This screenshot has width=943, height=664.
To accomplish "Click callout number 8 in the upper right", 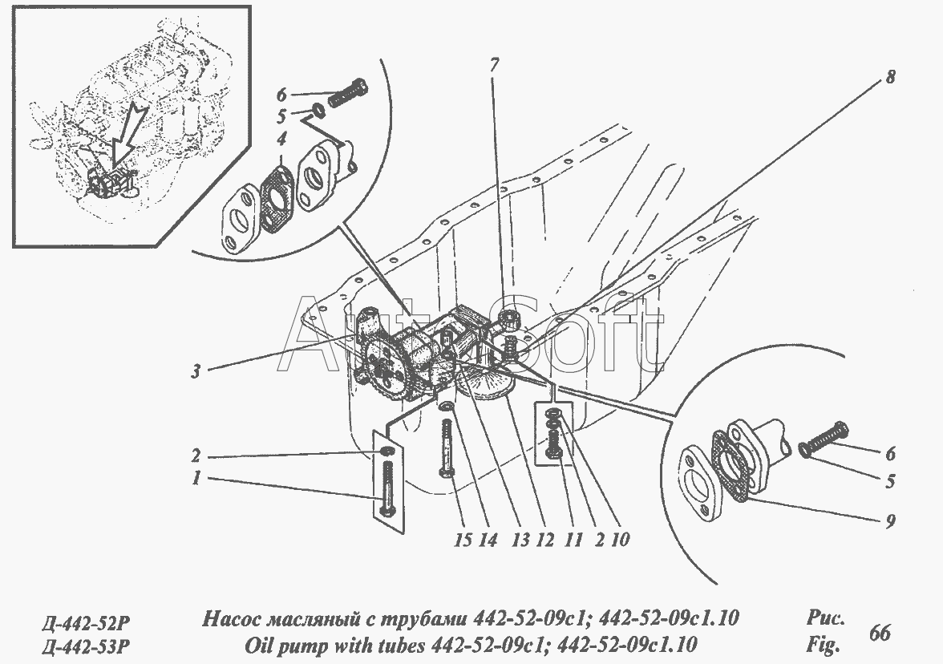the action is (x=889, y=76).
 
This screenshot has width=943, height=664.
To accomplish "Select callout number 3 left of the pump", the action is (x=196, y=371).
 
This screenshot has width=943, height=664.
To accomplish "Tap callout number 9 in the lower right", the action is (x=891, y=521).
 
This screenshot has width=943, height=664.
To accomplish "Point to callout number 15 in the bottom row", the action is (x=463, y=540).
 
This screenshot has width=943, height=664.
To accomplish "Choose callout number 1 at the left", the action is (x=196, y=479).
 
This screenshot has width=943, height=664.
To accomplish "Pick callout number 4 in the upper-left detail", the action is (x=281, y=140).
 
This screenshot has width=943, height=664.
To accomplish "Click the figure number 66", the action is (x=880, y=633).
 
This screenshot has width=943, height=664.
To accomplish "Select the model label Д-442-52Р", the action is (x=85, y=621).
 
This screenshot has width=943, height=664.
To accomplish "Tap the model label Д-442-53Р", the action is (x=85, y=647).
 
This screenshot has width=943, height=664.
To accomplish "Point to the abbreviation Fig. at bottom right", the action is (x=822, y=646).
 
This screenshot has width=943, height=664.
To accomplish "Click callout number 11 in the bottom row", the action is (x=573, y=540).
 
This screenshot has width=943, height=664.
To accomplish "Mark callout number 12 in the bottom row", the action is (x=545, y=540).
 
